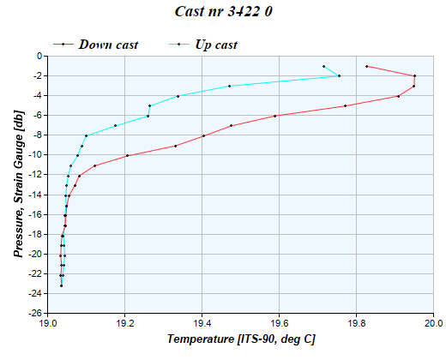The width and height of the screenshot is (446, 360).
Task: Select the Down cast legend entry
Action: tap(108, 44)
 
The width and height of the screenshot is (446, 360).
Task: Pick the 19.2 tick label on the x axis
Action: tap(125, 324)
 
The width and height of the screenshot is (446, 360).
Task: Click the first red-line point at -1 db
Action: tap(366, 66)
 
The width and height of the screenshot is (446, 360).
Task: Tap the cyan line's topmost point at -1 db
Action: tap(323, 66)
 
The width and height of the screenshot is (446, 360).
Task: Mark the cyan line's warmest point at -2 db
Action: tap(339, 76)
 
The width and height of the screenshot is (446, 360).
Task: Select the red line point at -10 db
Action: tap(127, 155)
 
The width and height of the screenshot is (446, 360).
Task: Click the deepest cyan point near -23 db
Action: tap(61, 285)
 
